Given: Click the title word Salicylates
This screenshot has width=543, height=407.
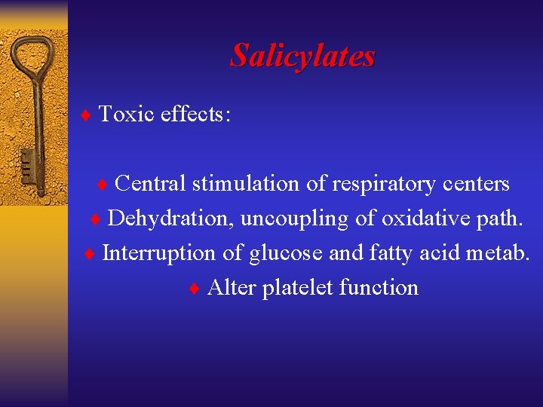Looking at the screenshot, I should tap(302, 55).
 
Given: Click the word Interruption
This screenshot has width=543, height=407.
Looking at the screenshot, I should tap(159, 252).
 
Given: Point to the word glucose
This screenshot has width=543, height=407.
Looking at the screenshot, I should tap(286, 253).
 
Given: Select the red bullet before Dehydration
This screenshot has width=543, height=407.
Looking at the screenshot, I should tap(95, 219).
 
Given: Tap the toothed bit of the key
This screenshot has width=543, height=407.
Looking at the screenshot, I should tap(28, 168).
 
